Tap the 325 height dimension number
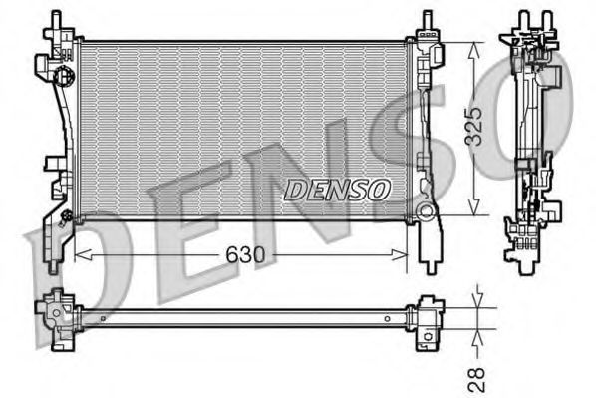(478, 127)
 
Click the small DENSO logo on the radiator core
(339, 187)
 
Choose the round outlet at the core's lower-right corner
(427, 211)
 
